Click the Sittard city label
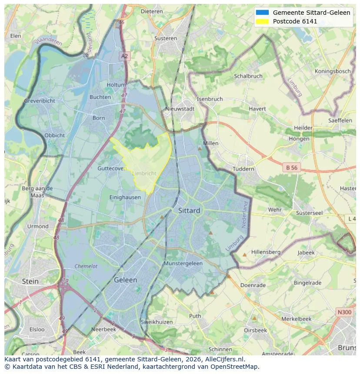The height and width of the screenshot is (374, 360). coord(189,211)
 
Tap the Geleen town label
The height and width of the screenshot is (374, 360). coord(125,280)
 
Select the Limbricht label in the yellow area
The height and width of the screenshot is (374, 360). coord(144,173)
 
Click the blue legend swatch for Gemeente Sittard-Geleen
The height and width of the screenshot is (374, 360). coord(263,13)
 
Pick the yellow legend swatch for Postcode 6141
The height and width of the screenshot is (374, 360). coord(263,21)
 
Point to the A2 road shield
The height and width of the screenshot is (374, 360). coord(125,56)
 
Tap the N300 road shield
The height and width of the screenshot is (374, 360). coord(344,312)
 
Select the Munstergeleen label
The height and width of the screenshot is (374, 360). coord(183,264)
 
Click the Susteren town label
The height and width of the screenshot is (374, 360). coord(165,38)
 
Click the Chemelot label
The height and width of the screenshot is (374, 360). coord(86,266)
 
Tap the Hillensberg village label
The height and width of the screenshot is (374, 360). coord(266,252)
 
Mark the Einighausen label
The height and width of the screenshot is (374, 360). coord(125,197)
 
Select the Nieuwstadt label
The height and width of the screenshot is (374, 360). coord(180,109)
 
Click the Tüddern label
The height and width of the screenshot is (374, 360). coord(243,169)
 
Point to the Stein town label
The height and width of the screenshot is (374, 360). coord(30,281)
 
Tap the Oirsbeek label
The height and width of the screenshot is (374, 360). coord(255,330)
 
